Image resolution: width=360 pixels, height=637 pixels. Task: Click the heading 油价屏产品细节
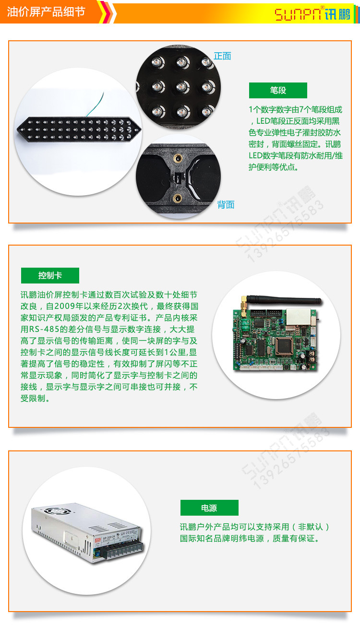46,12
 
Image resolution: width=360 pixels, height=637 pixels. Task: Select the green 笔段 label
278,90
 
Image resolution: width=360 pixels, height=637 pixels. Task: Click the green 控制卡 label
50,276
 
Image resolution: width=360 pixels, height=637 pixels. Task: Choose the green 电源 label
209,508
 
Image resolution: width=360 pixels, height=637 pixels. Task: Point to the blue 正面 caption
222,56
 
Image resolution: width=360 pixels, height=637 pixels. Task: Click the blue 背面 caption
226,205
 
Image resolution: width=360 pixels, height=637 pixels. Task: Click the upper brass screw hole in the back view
178,158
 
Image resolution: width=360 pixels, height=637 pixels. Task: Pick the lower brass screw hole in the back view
178,197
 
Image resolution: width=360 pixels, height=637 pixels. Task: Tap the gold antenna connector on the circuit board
245,302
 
